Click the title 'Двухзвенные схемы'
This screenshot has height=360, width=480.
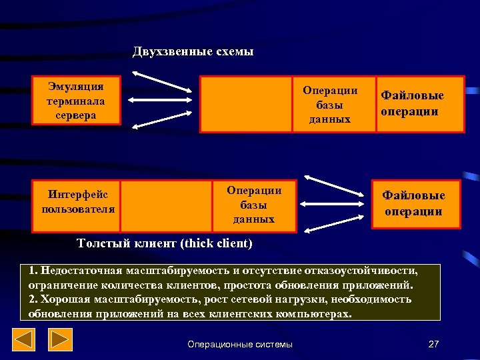(x=193, y=52)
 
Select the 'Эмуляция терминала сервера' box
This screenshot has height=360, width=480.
(x=76, y=101)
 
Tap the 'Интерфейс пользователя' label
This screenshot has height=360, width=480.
(x=77, y=201)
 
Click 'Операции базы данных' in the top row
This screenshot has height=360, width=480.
(x=330, y=105)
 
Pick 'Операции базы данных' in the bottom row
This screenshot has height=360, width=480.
(x=254, y=205)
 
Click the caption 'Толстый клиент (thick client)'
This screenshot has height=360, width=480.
(x=165, y=243)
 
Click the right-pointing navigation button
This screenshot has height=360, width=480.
(x=61, y=341)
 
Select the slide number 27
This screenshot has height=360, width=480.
(x=433, y=344)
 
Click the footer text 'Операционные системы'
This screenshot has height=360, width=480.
(x=240, y=344)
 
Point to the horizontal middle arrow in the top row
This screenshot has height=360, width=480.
(x=162, y=101)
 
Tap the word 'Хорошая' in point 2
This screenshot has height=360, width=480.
(x=65, y=299)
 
